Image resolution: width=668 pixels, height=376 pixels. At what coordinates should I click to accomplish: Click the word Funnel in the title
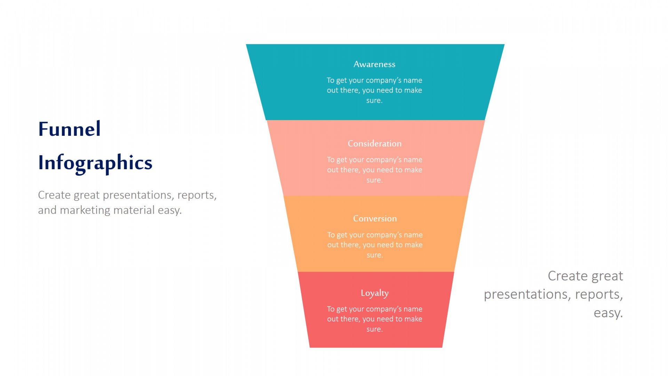(69, 129)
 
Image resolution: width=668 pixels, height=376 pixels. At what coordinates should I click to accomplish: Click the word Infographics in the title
(95, 163)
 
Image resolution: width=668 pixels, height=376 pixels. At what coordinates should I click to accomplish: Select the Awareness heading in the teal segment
(374, 64)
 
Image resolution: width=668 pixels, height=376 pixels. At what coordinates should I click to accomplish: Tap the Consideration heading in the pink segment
(374, 144)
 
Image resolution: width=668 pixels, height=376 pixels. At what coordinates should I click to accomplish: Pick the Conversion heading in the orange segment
(375, 219)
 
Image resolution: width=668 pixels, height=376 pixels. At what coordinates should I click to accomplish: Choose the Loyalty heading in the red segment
(374, 293)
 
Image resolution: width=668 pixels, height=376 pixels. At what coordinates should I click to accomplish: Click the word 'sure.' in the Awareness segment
(374, 101)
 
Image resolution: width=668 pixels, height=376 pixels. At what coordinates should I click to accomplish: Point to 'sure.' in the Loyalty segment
(374, 329)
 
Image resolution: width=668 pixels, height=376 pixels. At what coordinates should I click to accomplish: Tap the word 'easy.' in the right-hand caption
(608, 313)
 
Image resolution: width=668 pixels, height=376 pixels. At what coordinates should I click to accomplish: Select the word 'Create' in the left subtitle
(54, 195)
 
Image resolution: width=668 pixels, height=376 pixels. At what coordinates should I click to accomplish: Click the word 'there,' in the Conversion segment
(350, 245)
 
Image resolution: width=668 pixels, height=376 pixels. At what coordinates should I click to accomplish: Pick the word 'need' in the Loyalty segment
(385, 319)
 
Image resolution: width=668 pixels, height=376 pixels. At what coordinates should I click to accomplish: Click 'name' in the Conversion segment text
(413, 235)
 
